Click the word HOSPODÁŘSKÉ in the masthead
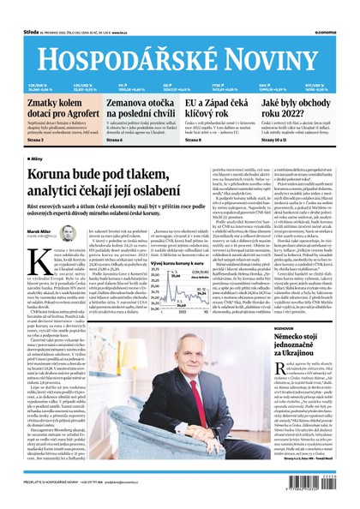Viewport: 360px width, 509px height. [126, 53]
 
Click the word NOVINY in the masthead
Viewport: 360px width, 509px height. [275, 53]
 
